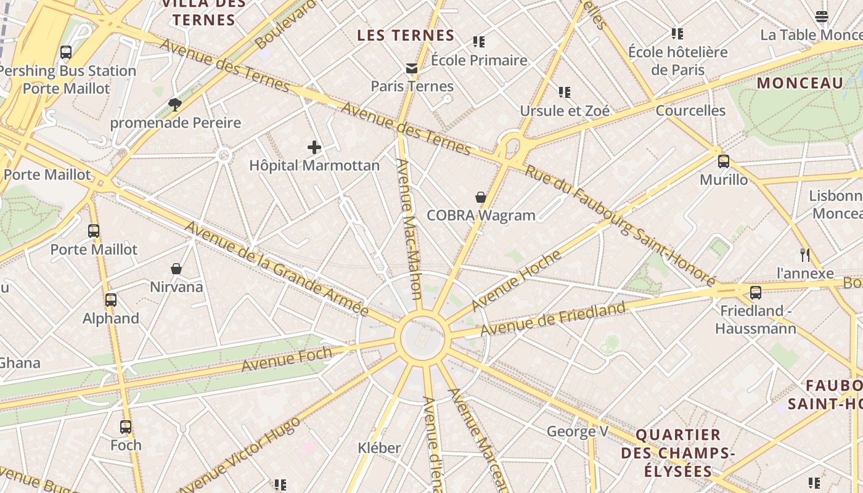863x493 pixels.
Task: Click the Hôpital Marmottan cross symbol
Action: [x=314, y=147]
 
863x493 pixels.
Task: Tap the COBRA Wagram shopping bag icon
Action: [x=481, y=197]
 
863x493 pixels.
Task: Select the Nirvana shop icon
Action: [x=176, y=269]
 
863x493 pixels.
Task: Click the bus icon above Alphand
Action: [x=111, y=300]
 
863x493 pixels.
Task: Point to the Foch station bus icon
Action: [x=126, y=427]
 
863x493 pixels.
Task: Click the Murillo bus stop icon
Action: [x=724, y=161]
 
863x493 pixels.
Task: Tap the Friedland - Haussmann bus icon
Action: [x=756, y=293]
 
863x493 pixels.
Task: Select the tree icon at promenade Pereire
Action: [x=175, y=104]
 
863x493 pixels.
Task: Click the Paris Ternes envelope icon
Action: [x=411, y=68]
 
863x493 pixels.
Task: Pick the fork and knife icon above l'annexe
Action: [x=804, y=255]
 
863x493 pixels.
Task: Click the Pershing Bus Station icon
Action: [x=66, y=52]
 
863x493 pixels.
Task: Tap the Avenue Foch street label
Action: [x=286, y=359]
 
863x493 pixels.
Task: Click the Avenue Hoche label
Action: [x=517, y=280]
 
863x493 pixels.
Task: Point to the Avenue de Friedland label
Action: [x=553, y=319]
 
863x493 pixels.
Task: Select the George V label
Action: [x=577, y=431]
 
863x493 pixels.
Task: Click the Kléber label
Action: [x=379, y=448]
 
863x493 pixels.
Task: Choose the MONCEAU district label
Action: [x=800, y=83]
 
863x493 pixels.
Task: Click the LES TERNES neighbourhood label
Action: [x=406, y=36]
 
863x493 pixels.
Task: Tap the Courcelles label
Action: [x=690, y=110]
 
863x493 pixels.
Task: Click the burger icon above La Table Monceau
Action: [x=822, y=17]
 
